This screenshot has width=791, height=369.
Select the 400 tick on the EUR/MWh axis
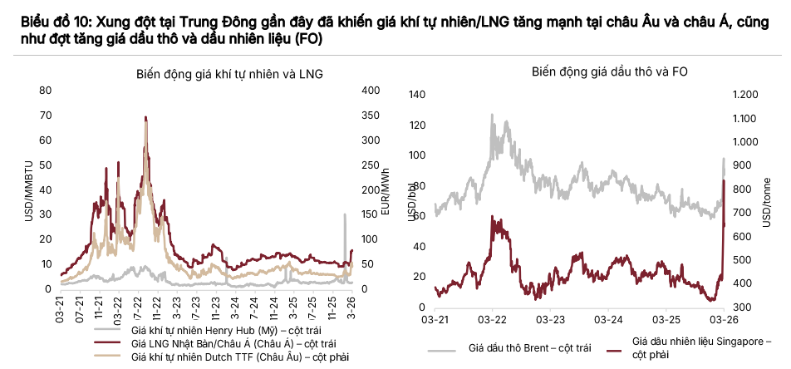pyautogui.click(x=371, y=91)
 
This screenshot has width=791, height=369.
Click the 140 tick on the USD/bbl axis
pyautogui.click(x=416, y=95)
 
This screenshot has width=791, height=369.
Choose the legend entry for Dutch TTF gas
pyautogui.click(x=228, y=357)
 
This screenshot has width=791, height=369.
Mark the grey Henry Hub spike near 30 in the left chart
pyautogui.click(x=344, y=214)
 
